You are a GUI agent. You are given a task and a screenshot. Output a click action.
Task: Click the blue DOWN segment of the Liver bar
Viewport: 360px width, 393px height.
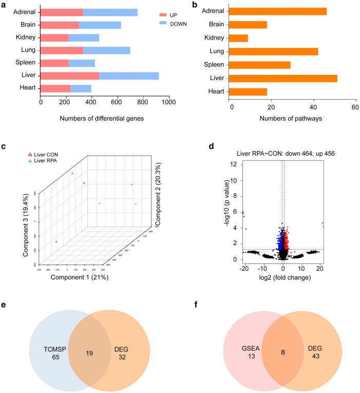[129, 76]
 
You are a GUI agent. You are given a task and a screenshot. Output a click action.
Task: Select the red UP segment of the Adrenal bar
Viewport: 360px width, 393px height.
[62, 12]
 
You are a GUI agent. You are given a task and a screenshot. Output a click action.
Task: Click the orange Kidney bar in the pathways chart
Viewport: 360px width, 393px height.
[239, 38]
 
